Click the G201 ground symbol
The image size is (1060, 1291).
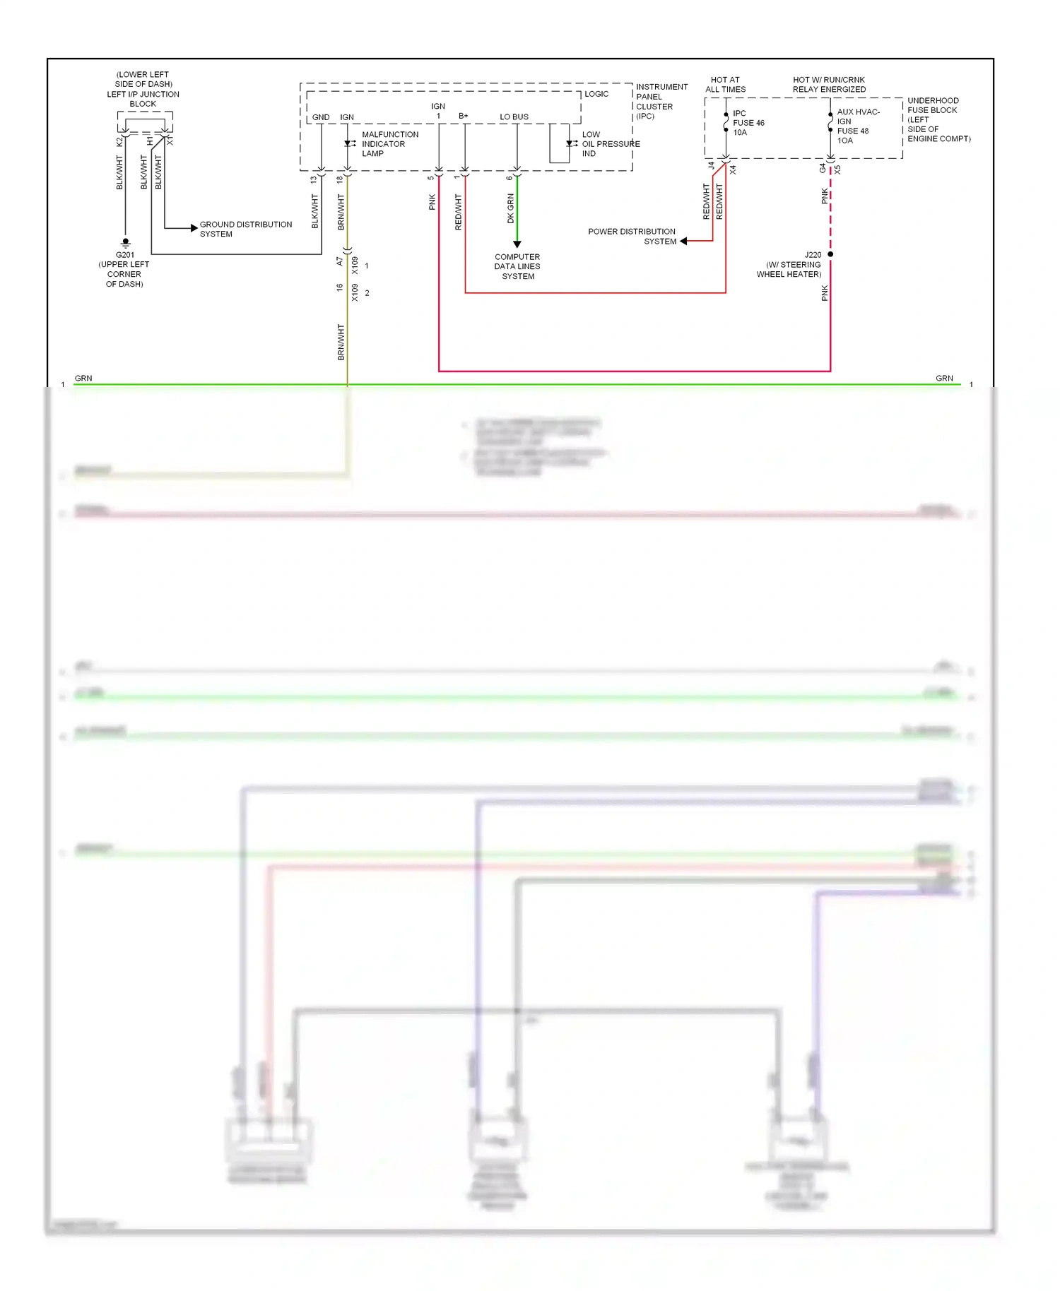pyautogui.click(x=126, y=242)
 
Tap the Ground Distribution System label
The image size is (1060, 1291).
pyautogui.click(x=245, y=229)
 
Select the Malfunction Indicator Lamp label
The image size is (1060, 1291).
pyautogui.click(x=389, y=143)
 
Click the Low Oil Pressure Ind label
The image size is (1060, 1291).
pyautogui.click(x=610, y=143)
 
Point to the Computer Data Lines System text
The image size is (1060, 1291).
pyautogui.click(x=517, y=266)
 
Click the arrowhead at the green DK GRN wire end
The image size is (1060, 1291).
pyautogui.click(x=517, y=244)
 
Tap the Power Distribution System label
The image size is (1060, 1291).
pyautogui.click(x=632, y=236)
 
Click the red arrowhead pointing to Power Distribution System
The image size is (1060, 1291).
pyautogui.click(x=683, y=241)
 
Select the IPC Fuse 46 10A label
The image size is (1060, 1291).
pyautogui.click(x=748, y=123)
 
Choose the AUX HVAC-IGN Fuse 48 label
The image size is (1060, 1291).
pyautogui.click(x=857, y=126)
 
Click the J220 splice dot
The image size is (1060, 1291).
pyautogui.click(x=830, y=254)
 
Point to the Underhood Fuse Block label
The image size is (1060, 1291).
pyautogui.click(x=938, y=119)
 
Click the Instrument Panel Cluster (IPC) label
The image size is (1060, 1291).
pyautogui.click(x=661, y=101)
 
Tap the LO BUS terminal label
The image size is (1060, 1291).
pyautogui.click(x=514, y=117)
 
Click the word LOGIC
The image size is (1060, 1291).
pyautogui.click(x=596, y=94)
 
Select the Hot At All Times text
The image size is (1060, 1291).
pyautogui.click(x=725, y=85)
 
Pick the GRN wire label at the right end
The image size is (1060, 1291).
pyautogui.click(x=944, y=378)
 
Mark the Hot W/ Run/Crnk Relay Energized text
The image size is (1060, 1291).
pyautogui.click(x=829, y=85)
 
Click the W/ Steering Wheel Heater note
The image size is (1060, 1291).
pyautogui.click(x=789, y=269)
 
